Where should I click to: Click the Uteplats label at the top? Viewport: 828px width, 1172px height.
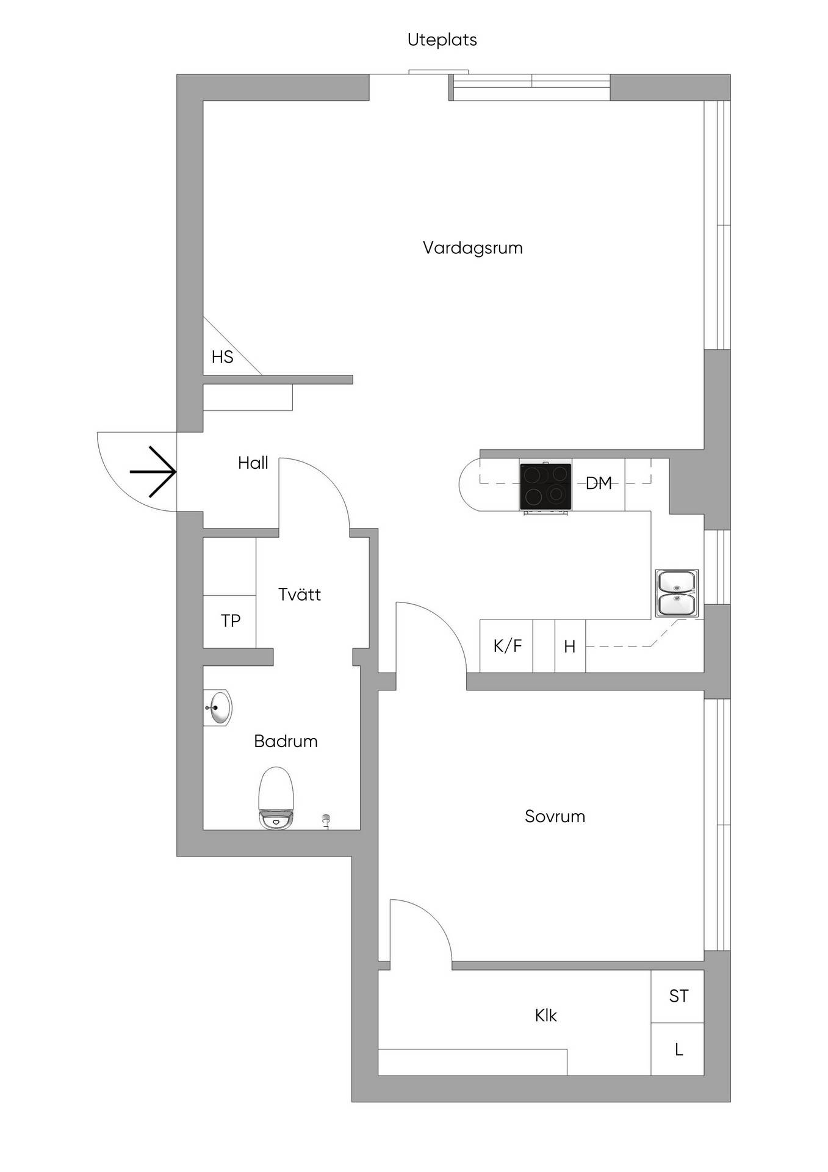(x=442, y=40)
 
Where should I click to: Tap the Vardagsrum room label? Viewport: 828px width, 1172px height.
(x=473, y=248)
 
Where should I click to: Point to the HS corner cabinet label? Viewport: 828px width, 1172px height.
(x=222, y=357)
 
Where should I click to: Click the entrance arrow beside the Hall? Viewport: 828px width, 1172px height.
(x=153, y=471)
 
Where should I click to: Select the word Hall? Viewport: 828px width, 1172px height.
(x=253, y=463)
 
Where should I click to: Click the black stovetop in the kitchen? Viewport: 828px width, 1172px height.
(x=545, y=487)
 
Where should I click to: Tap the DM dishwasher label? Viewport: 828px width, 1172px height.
(x=599, y=483)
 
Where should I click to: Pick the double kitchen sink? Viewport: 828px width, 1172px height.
(x=677, y=593)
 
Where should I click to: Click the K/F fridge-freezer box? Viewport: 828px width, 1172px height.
(x=506, y=646)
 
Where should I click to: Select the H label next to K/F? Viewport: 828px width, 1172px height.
(x=569, y=646)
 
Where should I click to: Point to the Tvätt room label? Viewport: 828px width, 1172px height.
(x=299, y=595)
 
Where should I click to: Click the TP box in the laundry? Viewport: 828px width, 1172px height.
(x=229, y=621)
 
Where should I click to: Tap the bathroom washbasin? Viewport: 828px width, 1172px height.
(x=218, y=708)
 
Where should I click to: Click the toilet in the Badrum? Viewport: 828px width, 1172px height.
(x=276, y=798)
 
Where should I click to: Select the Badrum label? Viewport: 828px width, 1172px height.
(x=286, y=742)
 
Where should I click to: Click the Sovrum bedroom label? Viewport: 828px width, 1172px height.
(x=555, y=817)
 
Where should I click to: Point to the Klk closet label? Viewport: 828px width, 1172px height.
(x=545, y=1016)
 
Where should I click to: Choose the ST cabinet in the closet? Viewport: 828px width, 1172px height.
(x=678, y=996)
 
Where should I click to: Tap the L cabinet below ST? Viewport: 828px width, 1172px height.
(x=678, y=1049)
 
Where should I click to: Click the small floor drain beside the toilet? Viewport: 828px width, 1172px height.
(x=326, y=821)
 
